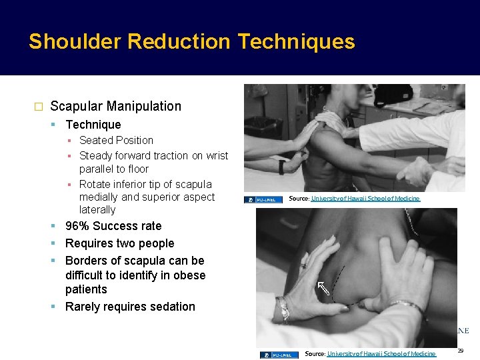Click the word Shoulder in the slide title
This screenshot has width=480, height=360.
(x=74, y=42)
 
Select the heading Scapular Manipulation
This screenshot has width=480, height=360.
(x=115, y=106)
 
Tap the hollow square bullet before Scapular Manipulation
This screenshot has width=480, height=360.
(x=38, y=107)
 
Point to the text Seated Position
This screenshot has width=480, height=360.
(x=116, y=140)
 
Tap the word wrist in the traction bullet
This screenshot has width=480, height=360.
(x=214, y=155)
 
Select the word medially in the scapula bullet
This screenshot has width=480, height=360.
(x=99, y=197)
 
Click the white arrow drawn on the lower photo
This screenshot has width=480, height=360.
(x=323, y=288)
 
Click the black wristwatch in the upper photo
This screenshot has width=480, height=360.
(x=282, y=167)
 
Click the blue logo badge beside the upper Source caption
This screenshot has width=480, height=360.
(x=263, y=199)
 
